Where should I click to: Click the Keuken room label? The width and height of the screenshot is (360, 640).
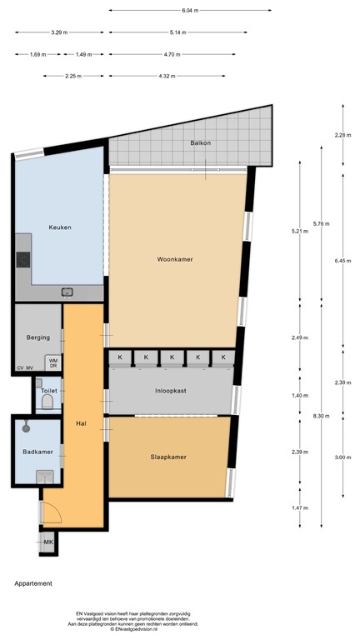[60, 227]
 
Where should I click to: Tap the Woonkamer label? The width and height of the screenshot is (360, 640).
[175, 259]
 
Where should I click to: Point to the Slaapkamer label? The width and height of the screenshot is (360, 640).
[168, 457]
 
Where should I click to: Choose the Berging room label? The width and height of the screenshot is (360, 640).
[38, 337]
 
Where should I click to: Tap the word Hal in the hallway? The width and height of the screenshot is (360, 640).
[82, 422]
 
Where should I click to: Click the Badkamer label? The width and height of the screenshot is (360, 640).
[38, 452]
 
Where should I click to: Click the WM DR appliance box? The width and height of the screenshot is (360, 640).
[52, 362]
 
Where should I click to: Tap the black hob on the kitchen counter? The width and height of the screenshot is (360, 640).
[22, 259]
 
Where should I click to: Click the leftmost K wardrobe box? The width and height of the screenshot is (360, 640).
[120, 357]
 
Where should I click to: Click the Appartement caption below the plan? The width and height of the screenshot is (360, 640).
[33, 583]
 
